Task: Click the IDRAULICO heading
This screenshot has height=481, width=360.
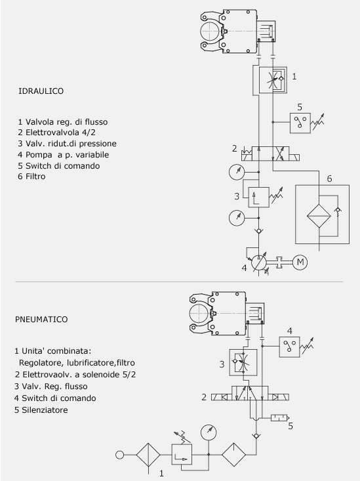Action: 41,91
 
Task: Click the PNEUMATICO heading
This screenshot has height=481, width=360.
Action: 41,320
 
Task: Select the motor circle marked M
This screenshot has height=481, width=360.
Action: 300,262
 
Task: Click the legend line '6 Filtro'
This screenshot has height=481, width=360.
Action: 31,177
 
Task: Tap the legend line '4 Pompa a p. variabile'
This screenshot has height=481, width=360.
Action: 63,155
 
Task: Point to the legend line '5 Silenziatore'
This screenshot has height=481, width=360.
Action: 41,410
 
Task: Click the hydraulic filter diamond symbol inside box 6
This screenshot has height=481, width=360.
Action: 319,216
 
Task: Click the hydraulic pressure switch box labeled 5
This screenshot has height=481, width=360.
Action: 300,123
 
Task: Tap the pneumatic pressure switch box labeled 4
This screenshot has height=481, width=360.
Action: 289,346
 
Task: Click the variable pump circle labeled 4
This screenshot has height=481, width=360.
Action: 258,262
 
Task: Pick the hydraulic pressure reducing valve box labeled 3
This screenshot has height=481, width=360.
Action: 259,198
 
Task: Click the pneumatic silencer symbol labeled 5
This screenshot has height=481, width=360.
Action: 280,418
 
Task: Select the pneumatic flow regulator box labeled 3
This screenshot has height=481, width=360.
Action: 243,363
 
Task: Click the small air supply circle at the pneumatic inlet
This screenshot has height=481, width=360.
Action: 120,455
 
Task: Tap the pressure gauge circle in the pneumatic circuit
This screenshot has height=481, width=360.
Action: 209,432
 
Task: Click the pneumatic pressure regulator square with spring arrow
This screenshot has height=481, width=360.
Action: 182,453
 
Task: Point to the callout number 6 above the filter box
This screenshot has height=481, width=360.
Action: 329,178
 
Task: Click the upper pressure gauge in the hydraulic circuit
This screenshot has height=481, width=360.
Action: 237,172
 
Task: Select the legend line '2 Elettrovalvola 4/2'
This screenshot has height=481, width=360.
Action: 57,133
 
